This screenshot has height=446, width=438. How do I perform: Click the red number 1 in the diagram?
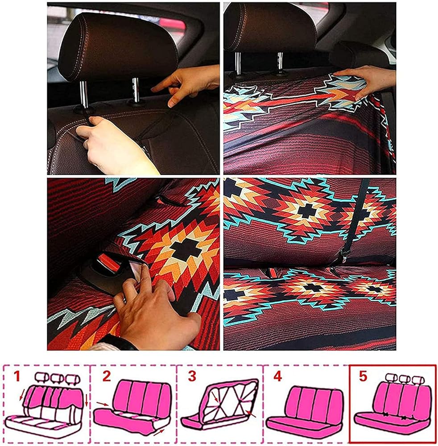[17, 376]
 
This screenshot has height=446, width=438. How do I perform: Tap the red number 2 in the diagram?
[106, 376]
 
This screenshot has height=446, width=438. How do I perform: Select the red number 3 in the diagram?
[192, 376]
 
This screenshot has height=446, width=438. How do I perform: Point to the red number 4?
[277, 376]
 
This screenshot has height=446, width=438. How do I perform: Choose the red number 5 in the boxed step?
[363, 376]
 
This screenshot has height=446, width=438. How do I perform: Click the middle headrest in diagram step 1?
[57, 378]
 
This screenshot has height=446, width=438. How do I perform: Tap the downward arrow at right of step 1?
[86, 401]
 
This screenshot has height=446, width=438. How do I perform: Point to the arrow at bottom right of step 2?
[159, 432]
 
